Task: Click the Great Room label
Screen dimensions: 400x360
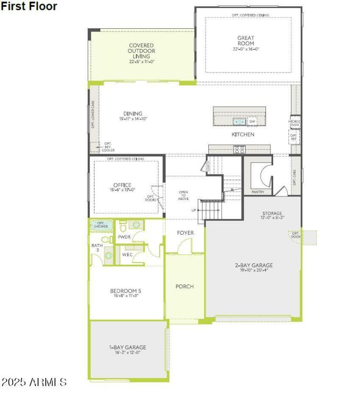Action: (x=246, y=40)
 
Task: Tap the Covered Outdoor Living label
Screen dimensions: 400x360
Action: (x=141, y=51)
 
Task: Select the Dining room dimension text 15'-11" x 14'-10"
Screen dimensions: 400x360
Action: (x=133, y=119)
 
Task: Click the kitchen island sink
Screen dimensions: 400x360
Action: (x=239, y=122)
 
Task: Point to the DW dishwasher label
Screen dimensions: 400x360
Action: (x=252, y=122)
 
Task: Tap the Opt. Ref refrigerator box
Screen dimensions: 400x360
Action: (x=293, y=136)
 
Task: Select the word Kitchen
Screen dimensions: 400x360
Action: (x=243, y=134)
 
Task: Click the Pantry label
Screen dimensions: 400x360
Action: (x=258, y=192)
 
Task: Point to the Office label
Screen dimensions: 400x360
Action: (x=122, y=185)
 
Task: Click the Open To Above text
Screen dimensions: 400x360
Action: (x=184, y=195)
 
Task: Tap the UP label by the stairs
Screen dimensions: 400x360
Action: (x=193, y=210)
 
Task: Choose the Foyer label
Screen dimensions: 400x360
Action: (x=185, y=233)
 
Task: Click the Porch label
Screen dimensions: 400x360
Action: (x=184, y=286)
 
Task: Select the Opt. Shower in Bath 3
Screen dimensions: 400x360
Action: (x=101, y=225)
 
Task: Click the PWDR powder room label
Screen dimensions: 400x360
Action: (x=124, y=237)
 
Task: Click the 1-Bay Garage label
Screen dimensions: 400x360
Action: (x=128, y=347)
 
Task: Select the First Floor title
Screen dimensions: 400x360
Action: (x=29, y=6)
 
